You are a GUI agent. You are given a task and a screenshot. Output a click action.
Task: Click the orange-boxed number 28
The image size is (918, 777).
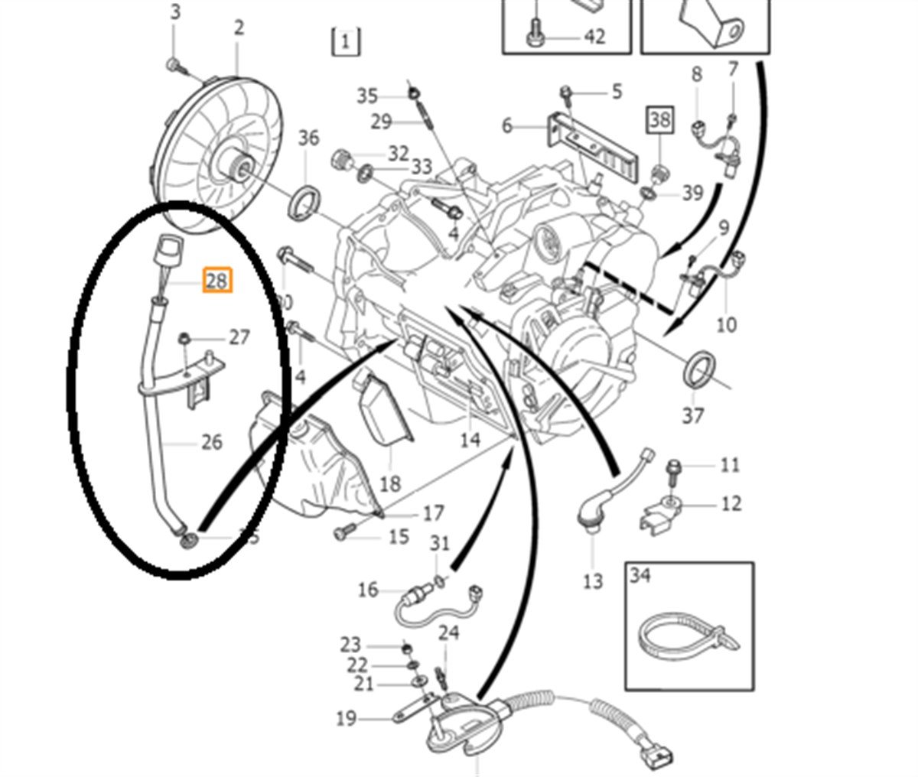216,281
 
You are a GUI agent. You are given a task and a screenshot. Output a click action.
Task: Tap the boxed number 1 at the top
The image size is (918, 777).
346,41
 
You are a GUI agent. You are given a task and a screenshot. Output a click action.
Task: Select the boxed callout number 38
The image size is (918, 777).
659,119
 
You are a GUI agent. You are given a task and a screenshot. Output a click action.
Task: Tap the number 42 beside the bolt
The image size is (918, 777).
594,35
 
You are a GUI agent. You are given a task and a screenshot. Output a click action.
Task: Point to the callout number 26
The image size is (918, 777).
211,442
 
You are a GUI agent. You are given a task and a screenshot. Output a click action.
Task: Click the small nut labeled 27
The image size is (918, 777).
184,338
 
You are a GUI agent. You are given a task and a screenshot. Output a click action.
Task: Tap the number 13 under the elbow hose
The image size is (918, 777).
592,581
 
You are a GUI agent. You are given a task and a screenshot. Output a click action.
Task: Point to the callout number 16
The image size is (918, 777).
368,590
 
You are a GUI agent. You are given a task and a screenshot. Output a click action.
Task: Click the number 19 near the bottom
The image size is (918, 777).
346,718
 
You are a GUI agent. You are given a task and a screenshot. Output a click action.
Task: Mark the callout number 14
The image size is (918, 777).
470,439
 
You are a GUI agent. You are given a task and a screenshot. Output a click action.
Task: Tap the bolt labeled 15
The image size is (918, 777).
346,528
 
